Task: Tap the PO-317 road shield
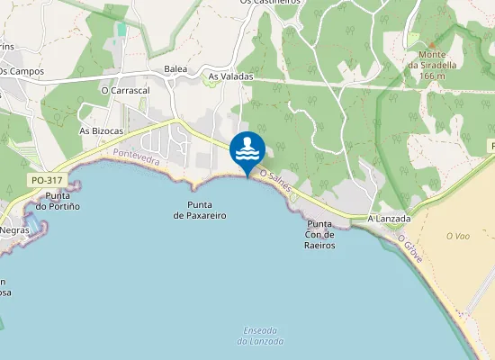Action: click(45, 180)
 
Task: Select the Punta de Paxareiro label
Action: click(200, 211)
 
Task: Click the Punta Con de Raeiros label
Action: click(319, 234)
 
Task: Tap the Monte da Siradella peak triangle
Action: click(431, 43)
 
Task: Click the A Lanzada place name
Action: click(389, 219)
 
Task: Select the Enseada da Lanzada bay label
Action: click(260, 336)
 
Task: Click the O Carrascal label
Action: click(125, 90)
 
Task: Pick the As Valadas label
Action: click(231, 76)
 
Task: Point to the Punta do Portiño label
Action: click(58, 201)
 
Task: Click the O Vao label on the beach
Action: click(458, 236)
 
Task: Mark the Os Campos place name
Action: click(22, 70)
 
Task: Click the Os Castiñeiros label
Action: click(271, 3)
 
